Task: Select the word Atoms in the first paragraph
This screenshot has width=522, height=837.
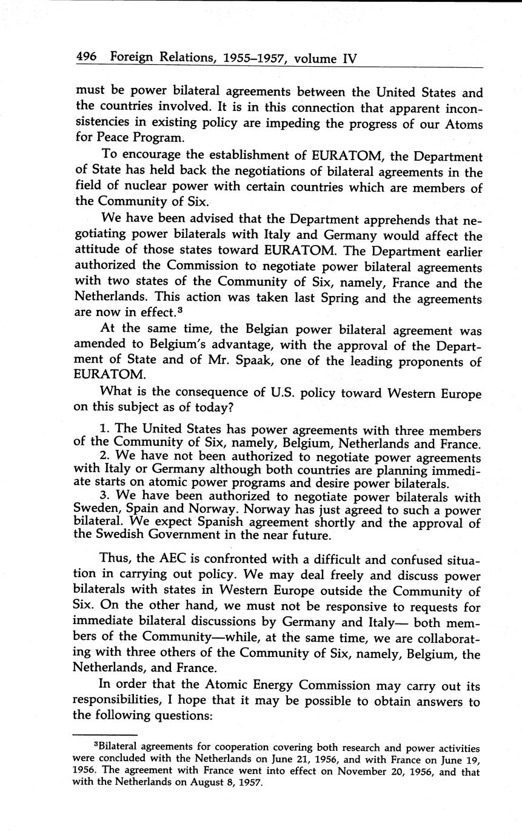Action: point(464,124)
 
